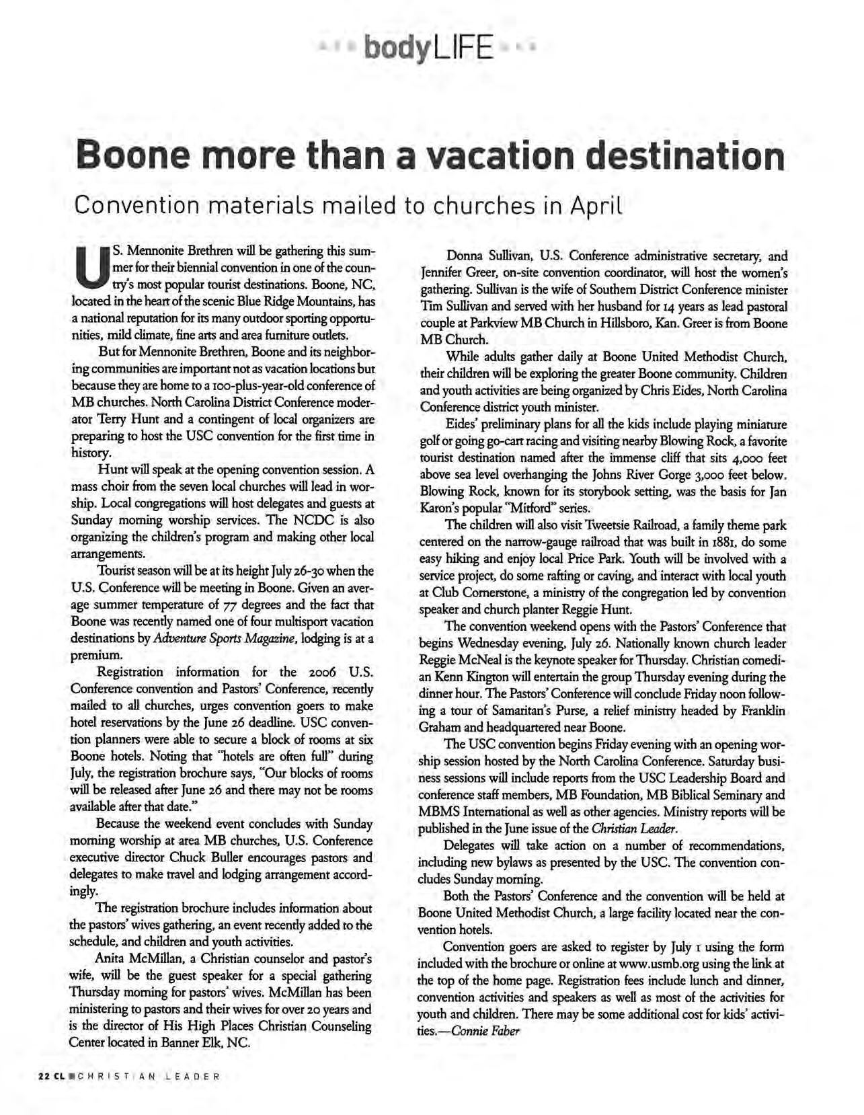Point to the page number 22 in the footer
pos(43,1076)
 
